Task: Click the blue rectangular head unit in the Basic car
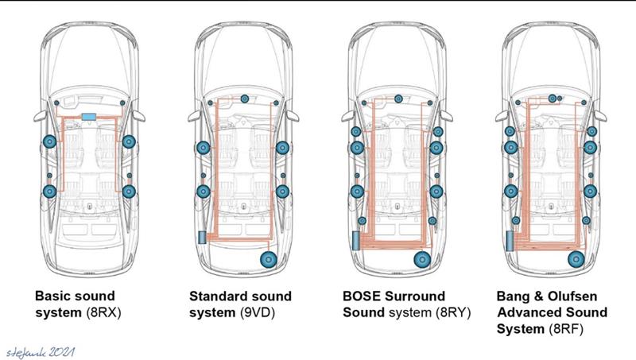pyautogui.click(x=88, y=117)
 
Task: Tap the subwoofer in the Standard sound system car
pyautogui.click(x=268, y=259)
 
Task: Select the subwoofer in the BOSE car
pyautogui.click(x=422, y=259)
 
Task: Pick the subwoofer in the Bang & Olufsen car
pyautogui.click(x=576, y=259)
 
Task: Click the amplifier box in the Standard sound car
pyautogui.click(x=202, y=237)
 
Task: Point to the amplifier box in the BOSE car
pyautogui.click(x=355, y=241)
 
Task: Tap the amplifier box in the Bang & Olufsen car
pyautogui.click(x=510, y=241)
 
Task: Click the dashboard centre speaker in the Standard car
pyautogui.click(x=245, y=99)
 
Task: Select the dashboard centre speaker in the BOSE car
pyautogui.click(x=398, y=99)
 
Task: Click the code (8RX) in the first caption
pyautogui.click(x=103, y=313)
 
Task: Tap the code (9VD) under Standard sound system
pyautogui.click(x=257, y=313)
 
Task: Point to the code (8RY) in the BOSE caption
pyautogui.click(x=453, y=313)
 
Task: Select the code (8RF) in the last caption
pyautogui.click(x=566, y=329)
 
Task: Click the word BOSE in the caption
pyautogui.click(x=360, y=296)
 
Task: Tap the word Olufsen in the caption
pyautogui.click(x=572, y=296)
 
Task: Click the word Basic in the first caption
pyautogui.click(x=52, y=296)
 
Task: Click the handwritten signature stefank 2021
pyautogui.click(x=41, y=352)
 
